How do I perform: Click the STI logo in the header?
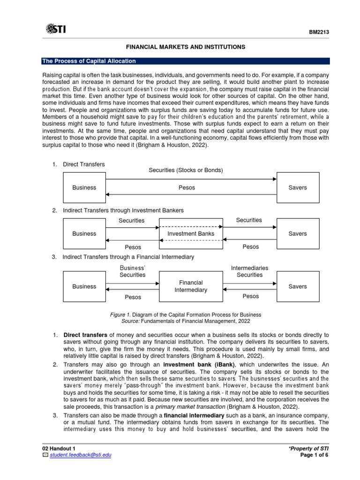[56, 29]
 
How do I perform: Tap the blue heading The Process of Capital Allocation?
[89, 61]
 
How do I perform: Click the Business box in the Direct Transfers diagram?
[84, 187]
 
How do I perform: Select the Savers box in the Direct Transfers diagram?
[298, 187]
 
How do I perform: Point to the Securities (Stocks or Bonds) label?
[186, 170]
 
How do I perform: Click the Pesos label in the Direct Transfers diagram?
[187, 187]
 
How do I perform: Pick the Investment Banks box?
[191, 233]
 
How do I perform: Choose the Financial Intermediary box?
[191, 286]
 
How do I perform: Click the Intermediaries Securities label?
[249, 271]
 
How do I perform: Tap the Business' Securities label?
[132, 271]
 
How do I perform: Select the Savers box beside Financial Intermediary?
[298, 286]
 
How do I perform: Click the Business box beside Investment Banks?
[84, 233]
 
